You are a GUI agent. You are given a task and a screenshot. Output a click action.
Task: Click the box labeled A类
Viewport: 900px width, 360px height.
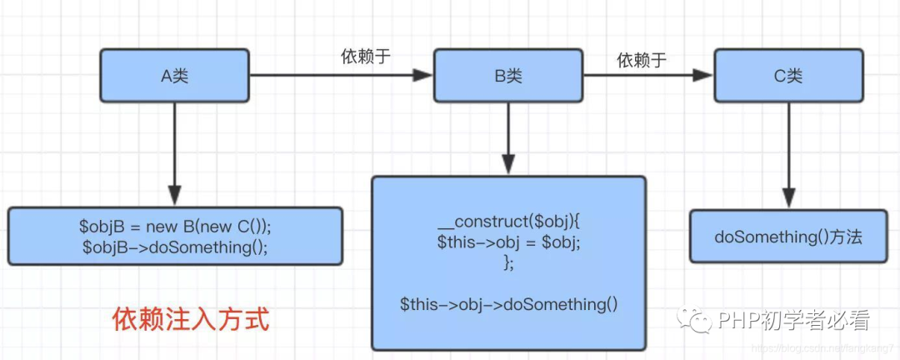[175, 76]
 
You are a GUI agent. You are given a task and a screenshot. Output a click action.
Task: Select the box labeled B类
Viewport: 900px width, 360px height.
[508, 76]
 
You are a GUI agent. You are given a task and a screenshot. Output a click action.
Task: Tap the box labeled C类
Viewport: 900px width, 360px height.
[787, 76]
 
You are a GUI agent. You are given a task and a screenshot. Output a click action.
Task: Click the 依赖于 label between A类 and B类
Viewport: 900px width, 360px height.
[366, 57]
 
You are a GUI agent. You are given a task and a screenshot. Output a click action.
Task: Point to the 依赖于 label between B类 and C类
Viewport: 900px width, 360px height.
[642, 59]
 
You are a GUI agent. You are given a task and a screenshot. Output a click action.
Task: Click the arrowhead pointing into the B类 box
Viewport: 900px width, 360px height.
[424, 76]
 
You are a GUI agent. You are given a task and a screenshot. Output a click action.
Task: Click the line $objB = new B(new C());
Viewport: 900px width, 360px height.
[175, 227]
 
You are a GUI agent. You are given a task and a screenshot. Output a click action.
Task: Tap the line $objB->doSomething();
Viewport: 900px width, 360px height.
[175, 247]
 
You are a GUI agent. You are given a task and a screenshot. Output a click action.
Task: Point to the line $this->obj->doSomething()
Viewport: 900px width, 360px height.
[508, 303]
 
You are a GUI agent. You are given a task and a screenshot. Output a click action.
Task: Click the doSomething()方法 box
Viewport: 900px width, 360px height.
[787, 237]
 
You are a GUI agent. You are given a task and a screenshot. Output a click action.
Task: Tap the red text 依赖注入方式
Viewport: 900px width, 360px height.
[191, 319]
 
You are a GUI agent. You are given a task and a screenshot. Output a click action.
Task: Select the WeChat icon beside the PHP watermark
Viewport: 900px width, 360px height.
[693, 320]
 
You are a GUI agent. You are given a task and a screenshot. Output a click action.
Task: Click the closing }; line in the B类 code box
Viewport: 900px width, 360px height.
[508, 262]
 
